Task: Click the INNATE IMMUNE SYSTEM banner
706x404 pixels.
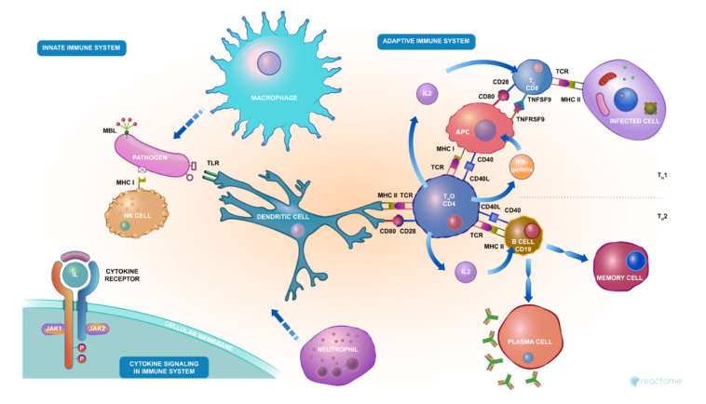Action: click(x=81, y=47)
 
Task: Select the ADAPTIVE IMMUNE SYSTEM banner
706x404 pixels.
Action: click(x=427, y=42)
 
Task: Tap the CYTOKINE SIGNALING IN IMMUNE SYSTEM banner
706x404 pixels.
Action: click(x=163, y=366)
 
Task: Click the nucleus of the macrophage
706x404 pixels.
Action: click(x=269, y=63)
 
